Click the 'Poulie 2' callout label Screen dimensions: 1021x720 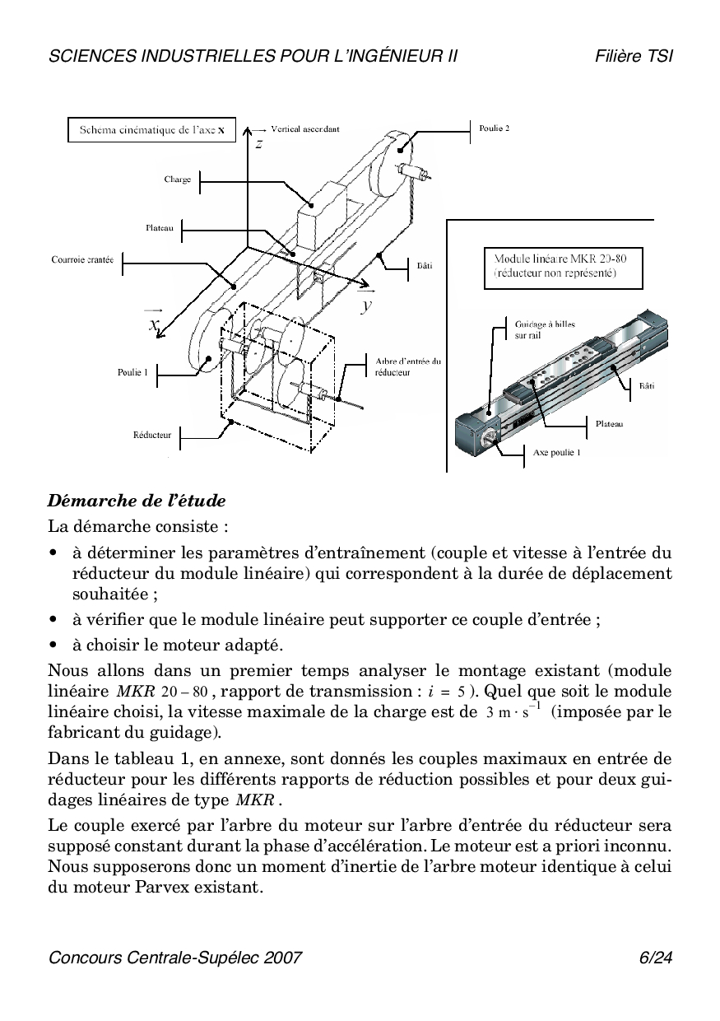pos(495,128)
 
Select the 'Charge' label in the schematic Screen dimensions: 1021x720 pos(177,179)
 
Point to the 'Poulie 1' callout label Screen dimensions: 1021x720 pos(132,372)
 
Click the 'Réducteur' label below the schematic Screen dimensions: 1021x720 pos(152,434)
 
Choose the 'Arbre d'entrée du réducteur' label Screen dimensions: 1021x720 pos(407,366)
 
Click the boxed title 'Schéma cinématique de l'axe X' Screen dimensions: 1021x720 pos(151,130)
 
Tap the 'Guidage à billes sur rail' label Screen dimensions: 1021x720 pos(544,330)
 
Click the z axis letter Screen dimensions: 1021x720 pos(258,143)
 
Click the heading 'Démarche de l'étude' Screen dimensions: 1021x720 pos(137,501)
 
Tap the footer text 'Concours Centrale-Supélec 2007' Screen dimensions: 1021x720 pos(175,958)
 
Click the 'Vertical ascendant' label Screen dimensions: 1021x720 pos(304,129)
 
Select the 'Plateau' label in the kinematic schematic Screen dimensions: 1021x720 pos(159,228)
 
